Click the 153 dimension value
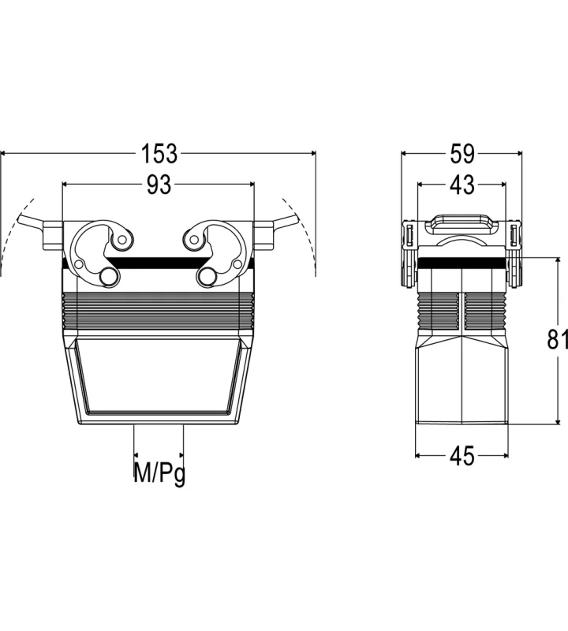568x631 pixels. coord(159,153)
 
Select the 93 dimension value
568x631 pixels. coord(159,185)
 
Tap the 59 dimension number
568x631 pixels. coord(462,153)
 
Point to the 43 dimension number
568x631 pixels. coord(462,185)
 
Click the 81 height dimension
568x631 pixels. coord(557,338)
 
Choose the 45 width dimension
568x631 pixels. coord(462,456)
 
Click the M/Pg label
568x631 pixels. coord(159,473)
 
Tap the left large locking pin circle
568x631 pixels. coord(109,277)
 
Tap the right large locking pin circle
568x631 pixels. coord(208,277)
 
